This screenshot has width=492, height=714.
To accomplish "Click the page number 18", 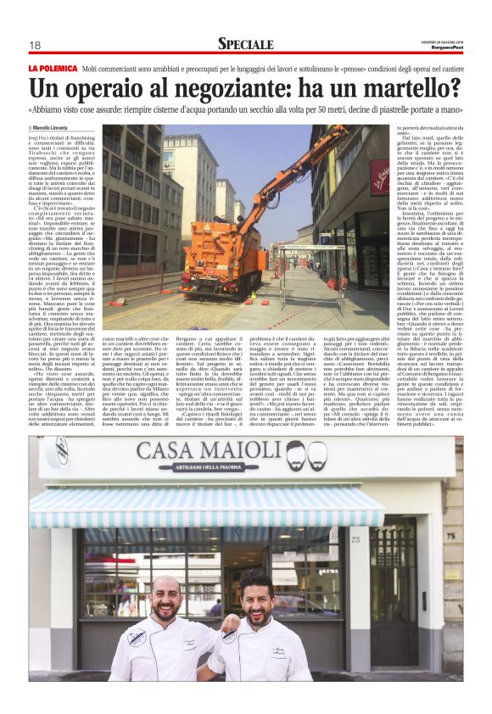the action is click(x=35, y=46).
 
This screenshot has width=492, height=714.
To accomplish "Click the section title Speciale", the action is click(x=245, y=44).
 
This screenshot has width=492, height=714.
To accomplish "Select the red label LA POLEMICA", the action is click(x=53, y=67).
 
